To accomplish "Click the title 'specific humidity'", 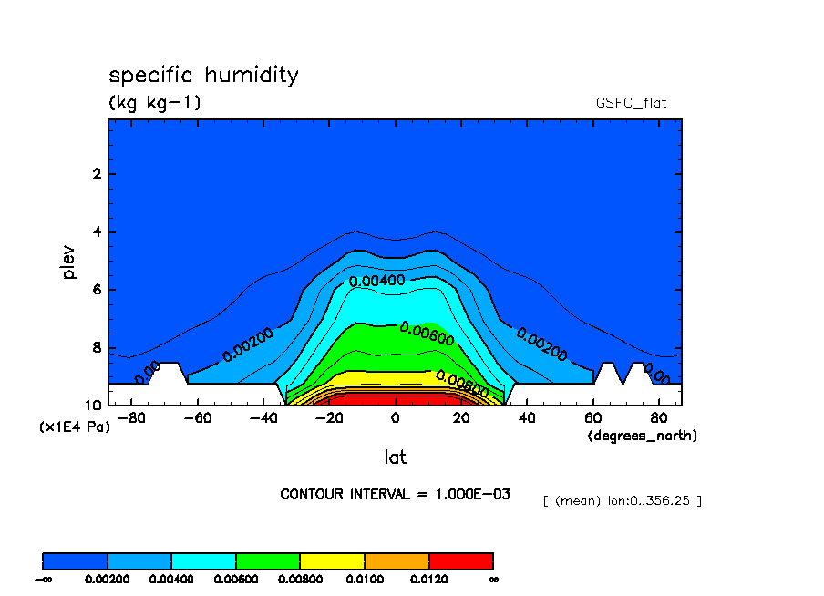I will [x=203, y=75].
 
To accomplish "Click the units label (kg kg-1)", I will [x=155, y=103].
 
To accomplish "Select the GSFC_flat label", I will [x=631, y=103].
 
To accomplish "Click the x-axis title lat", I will [x=395, y=457].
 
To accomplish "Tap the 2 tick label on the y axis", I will [x=96, y=174].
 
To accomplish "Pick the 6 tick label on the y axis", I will [x=96, y=290].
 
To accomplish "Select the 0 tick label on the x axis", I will [x=395, y=418].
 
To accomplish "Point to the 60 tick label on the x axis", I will [x=592, y=418].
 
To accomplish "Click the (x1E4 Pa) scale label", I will [x=74, y=426].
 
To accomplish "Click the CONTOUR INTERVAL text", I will [x=395, y=494].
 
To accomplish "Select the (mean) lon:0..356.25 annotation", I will [x=622, y=500].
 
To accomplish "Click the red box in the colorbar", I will [x=460, y=560].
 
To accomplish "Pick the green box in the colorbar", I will [x=268, y=560].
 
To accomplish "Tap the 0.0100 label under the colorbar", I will [x=365, y=579].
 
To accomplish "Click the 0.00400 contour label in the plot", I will [x=376, y=281].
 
